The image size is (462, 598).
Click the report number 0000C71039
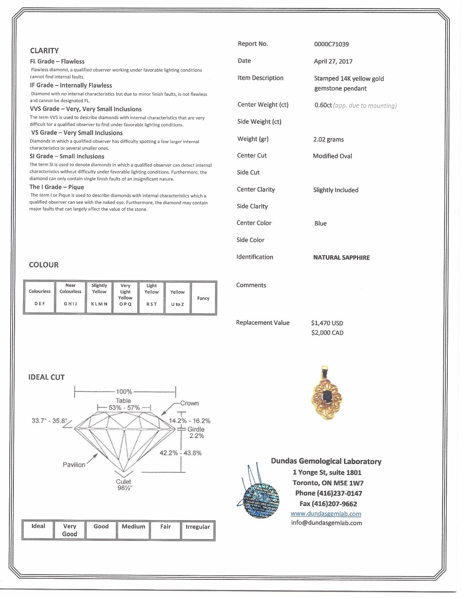(x=331, y=44)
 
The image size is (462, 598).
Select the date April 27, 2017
(x=333, y=61)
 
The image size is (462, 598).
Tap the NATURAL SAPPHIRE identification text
(x=341, y=258)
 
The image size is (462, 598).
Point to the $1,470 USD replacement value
(x=327, y=323)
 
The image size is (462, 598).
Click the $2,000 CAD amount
(x=327, y=333)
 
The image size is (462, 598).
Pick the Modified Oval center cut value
(x=332, y=156)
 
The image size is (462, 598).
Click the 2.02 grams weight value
(x=328, y=140)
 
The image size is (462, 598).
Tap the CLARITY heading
(x=44, y=51)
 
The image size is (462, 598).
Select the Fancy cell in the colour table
(x=203, y=298)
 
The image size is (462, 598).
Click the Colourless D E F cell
(x=40, y=298)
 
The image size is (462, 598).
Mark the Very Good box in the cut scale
(x=69, y=530)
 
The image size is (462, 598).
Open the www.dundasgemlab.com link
(x=326, y=514)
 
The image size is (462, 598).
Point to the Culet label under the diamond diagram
(x=123, y=482)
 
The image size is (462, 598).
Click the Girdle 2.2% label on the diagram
(x=196, y=432)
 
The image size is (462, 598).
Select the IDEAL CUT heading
(x=46, y=377)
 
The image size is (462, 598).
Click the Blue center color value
(x=320, y=224)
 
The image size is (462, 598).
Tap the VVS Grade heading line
(x=86, y=109)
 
